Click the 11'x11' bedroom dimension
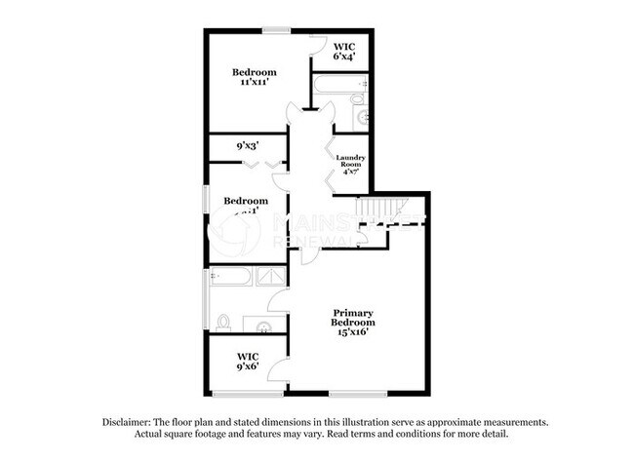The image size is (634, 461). (x=254, y=84)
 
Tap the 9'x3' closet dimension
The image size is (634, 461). (x=246, y=147)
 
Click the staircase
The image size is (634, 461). (x=377, y=210)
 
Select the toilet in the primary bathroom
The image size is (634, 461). (x=223, y=321)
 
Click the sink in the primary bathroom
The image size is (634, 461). (x=264, y=323)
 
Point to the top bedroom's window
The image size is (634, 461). (x=277, y=31)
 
